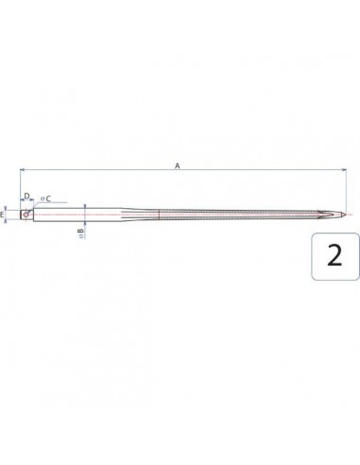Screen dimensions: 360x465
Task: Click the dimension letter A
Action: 178,165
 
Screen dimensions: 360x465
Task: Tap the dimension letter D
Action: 27,196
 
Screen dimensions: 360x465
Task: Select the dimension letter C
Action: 48,198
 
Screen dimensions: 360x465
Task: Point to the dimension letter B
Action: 81,231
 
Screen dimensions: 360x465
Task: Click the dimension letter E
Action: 3,215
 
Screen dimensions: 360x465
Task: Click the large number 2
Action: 334,255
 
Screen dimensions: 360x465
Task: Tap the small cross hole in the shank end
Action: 26,215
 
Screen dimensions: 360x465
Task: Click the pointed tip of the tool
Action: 345,215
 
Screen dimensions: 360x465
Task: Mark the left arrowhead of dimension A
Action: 22,170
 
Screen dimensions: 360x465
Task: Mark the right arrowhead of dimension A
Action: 344,170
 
